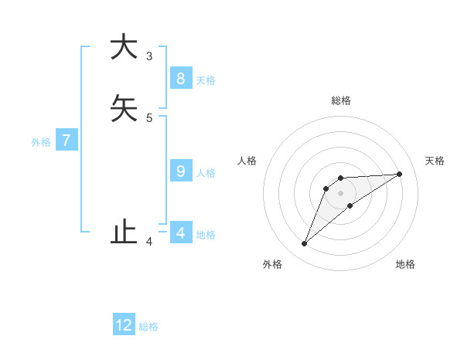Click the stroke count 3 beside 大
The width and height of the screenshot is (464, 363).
(149, 56)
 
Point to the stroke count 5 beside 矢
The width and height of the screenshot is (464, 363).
(149, 117)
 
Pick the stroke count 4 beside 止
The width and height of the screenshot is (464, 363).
(149, 243)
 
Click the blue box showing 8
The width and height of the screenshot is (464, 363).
(180, 79)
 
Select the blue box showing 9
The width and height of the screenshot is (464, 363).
(180, 171)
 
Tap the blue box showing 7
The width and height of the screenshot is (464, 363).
(67, 141)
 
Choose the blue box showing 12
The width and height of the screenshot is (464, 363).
(124, 325)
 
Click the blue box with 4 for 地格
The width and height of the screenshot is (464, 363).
(180, 232)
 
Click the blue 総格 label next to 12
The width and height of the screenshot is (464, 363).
(148, 327)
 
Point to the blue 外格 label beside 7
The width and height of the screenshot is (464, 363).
(41, 142)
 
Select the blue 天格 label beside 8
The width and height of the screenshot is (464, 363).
(205, 80)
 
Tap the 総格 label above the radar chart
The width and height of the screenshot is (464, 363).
(340, 100)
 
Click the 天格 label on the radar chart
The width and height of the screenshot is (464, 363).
(435, 161)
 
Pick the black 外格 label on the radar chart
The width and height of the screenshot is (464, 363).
(272, 264)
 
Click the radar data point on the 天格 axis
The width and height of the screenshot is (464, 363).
(400, 174)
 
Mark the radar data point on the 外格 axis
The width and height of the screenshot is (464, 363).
(304, 244)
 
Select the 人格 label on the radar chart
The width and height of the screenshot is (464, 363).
(247, 161)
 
